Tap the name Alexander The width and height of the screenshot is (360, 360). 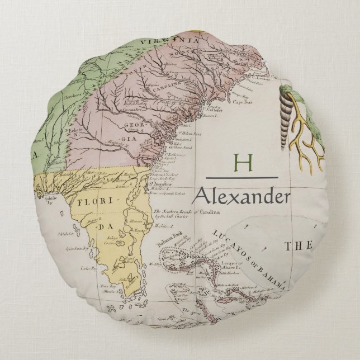(241, 196)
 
